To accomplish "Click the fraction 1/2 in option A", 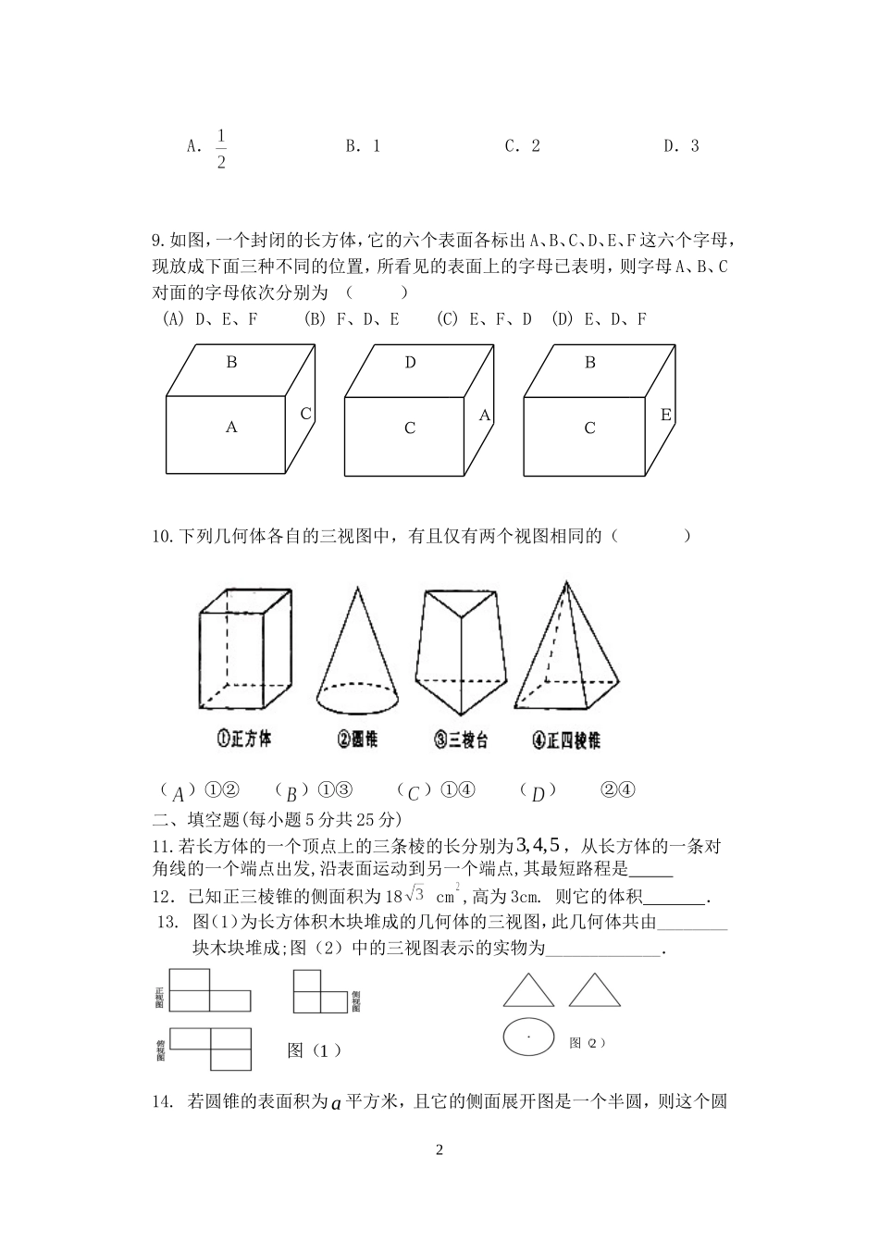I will (221, 149).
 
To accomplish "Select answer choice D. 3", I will (681, 145).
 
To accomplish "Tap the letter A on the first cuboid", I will (231, 427).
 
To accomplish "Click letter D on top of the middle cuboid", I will (410, 363).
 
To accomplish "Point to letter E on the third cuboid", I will (665, 415).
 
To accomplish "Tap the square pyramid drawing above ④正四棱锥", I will (565, 648).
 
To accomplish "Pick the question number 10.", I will (161, 536).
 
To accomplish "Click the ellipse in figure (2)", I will (528, 1037).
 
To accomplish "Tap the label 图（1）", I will (315, 1049).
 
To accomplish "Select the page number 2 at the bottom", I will (439, 1150).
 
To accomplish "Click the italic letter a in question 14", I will (336, 1101).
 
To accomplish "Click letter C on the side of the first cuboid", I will (305, 414).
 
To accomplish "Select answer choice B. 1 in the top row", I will (363, 145).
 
